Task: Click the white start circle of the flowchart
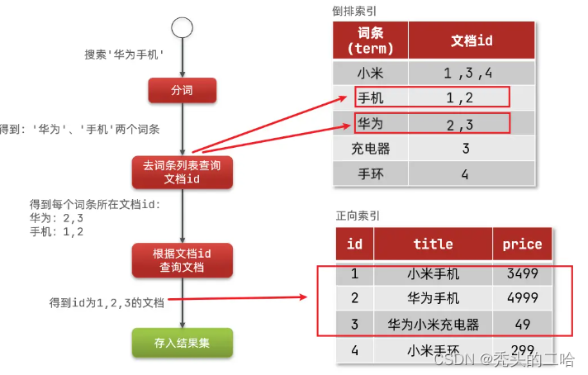tap(182, 27)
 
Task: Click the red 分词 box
tap(182, 91)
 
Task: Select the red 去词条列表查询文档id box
tap(182, 172)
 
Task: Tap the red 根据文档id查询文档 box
tap(182, 259)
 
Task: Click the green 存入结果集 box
tap(182, 343)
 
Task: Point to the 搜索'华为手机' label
tap(124, 55)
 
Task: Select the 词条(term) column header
tap(371, 40)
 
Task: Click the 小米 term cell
tap(371, 72)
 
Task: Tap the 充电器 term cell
tap(371, 150)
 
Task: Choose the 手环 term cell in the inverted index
tap(371, 175)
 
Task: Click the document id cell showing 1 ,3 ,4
tap(468, 72)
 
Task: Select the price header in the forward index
tap(522, 244)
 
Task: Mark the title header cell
tap(433, 244)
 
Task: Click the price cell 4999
tap(522, 298)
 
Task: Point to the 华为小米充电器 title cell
tap(433, 324)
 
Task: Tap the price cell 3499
tap(522, 273)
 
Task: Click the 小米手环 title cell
tap(433, 349)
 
